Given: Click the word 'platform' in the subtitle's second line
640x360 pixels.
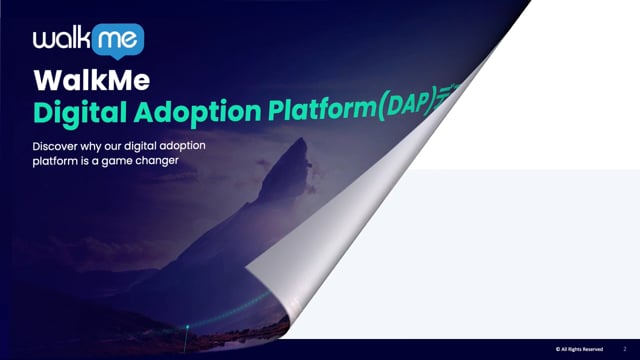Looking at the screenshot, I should click(56, 162).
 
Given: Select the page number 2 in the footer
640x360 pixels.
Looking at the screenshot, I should click(624, 350).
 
